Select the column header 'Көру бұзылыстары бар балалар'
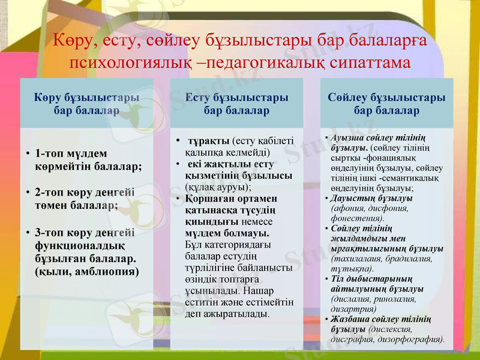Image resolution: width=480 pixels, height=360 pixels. (x=86, y=104)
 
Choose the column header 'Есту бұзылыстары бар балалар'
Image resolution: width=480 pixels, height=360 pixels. (x=236, y=104)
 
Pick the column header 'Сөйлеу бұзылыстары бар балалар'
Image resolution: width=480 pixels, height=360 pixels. (x=386, y=104)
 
